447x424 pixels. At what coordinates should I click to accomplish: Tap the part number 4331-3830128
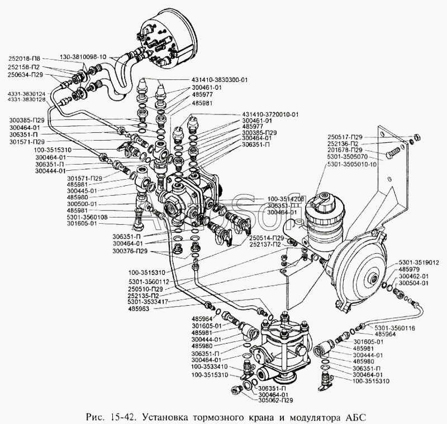click(27, 100)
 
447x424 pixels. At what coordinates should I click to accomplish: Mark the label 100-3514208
click(286, 198)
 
